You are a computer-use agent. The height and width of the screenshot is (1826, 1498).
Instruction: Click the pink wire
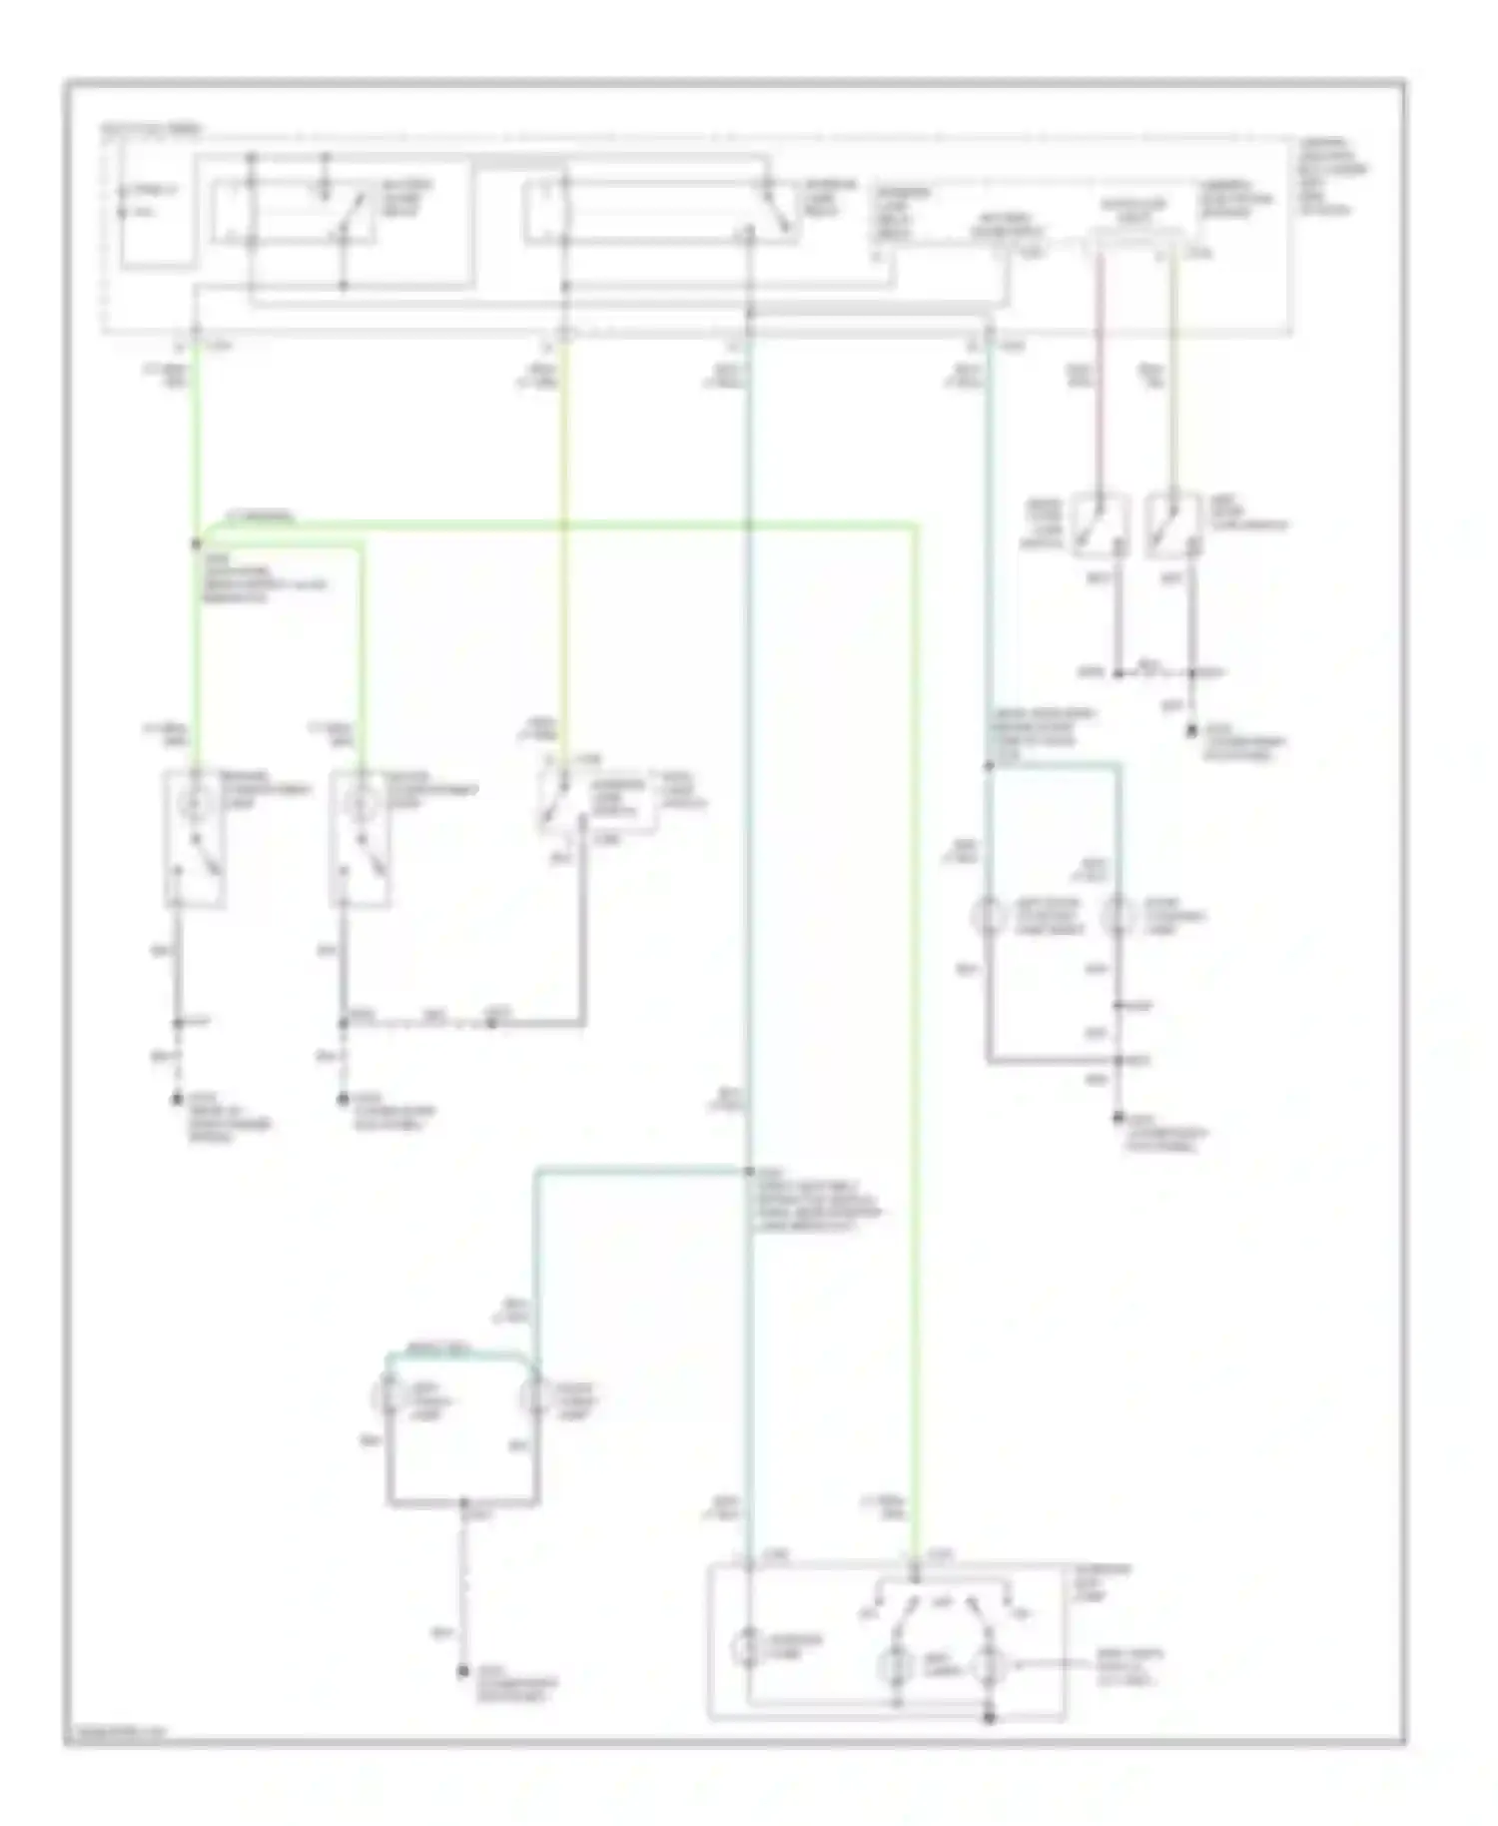pos(1100,380)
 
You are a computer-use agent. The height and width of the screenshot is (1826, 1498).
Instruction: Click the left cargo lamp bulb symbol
pos(388,1395)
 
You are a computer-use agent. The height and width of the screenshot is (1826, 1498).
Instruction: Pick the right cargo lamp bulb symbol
pos(535,1395)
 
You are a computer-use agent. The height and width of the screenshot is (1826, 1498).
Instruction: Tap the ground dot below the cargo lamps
pos(463,1671)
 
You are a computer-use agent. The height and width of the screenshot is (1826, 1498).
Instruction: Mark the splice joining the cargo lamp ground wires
pos(463,1502)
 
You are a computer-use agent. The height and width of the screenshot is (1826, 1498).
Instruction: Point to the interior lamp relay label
pos(831,198)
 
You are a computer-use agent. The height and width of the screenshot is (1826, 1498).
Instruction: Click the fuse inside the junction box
pos(123,200)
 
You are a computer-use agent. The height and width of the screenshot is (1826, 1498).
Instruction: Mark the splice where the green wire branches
pos(196,544)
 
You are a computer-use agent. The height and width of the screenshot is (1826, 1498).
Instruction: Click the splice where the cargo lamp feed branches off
pos(748,1171)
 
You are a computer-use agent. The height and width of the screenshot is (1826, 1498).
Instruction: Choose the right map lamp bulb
pos(989,1666)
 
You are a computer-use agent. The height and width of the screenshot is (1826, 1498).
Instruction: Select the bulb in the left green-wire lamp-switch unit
pos(196,800)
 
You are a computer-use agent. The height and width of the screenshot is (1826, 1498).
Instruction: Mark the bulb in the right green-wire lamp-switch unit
pos(362,800)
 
